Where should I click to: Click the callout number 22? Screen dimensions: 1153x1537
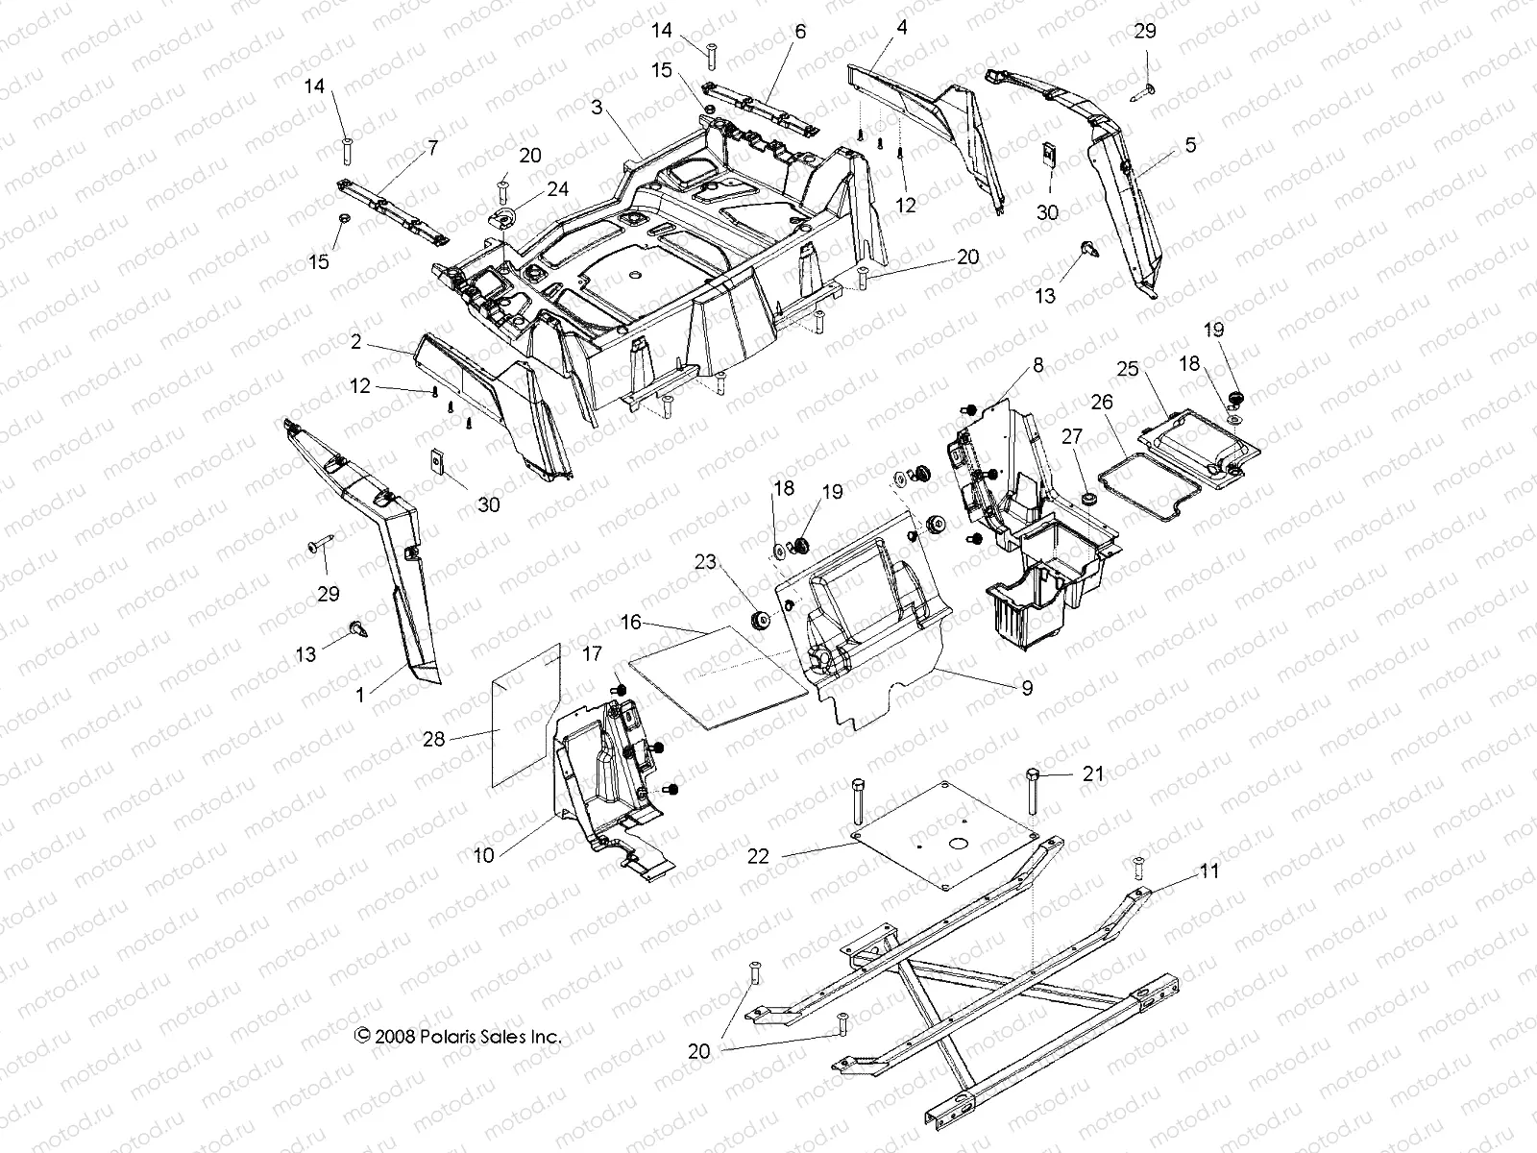[x=759, y=855]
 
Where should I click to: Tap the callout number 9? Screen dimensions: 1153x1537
[x=1027, y=688]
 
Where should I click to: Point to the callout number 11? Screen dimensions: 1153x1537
[x=1208, y=871]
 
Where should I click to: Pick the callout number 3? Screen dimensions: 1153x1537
[x=598, y=108]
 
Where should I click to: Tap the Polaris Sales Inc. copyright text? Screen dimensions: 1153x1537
[x=457, y=1037]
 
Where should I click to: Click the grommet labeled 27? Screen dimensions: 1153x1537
[x=1088, y=500]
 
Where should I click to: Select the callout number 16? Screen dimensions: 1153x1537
[x=630, y=623]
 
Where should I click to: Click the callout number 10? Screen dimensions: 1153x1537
[x=483, y=854]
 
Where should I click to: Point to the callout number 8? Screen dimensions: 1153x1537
[x=1037, y=366]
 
